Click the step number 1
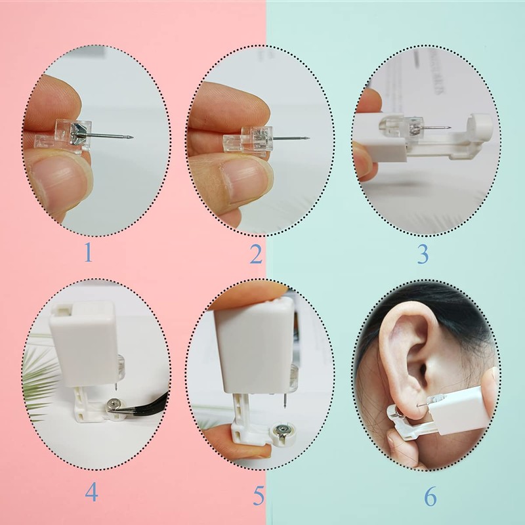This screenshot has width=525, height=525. [x=88, y=252]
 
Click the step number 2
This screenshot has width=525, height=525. [x=256, y=254]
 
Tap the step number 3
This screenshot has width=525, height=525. [x=423, y=255]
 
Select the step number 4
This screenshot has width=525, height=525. [x=91, y=492]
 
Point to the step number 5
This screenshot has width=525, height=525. [x=259, y=495]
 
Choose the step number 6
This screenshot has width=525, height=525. [x=430, y=496]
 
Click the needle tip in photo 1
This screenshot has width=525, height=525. [x=133, y=136]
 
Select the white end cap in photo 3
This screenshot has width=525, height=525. [x=480, y=125]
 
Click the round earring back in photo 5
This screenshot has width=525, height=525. [x=284, y=434]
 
